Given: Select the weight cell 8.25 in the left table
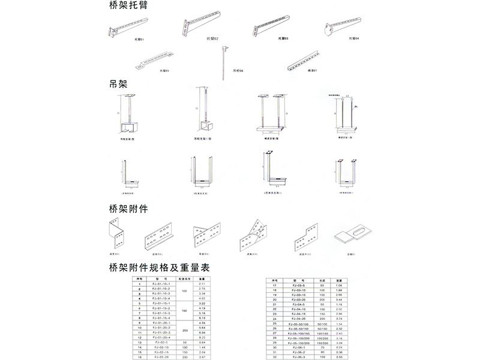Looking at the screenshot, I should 202,338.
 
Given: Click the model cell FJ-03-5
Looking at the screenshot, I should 298,285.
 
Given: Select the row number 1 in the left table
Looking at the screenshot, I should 139,284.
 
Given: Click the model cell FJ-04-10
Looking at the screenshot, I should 298,309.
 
